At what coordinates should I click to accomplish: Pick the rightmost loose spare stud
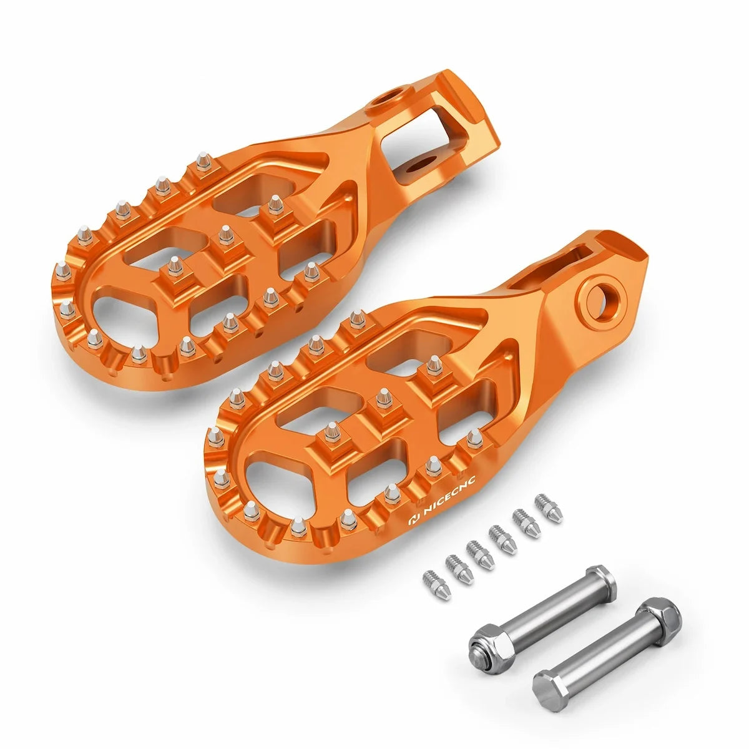(x=549, y=509)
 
